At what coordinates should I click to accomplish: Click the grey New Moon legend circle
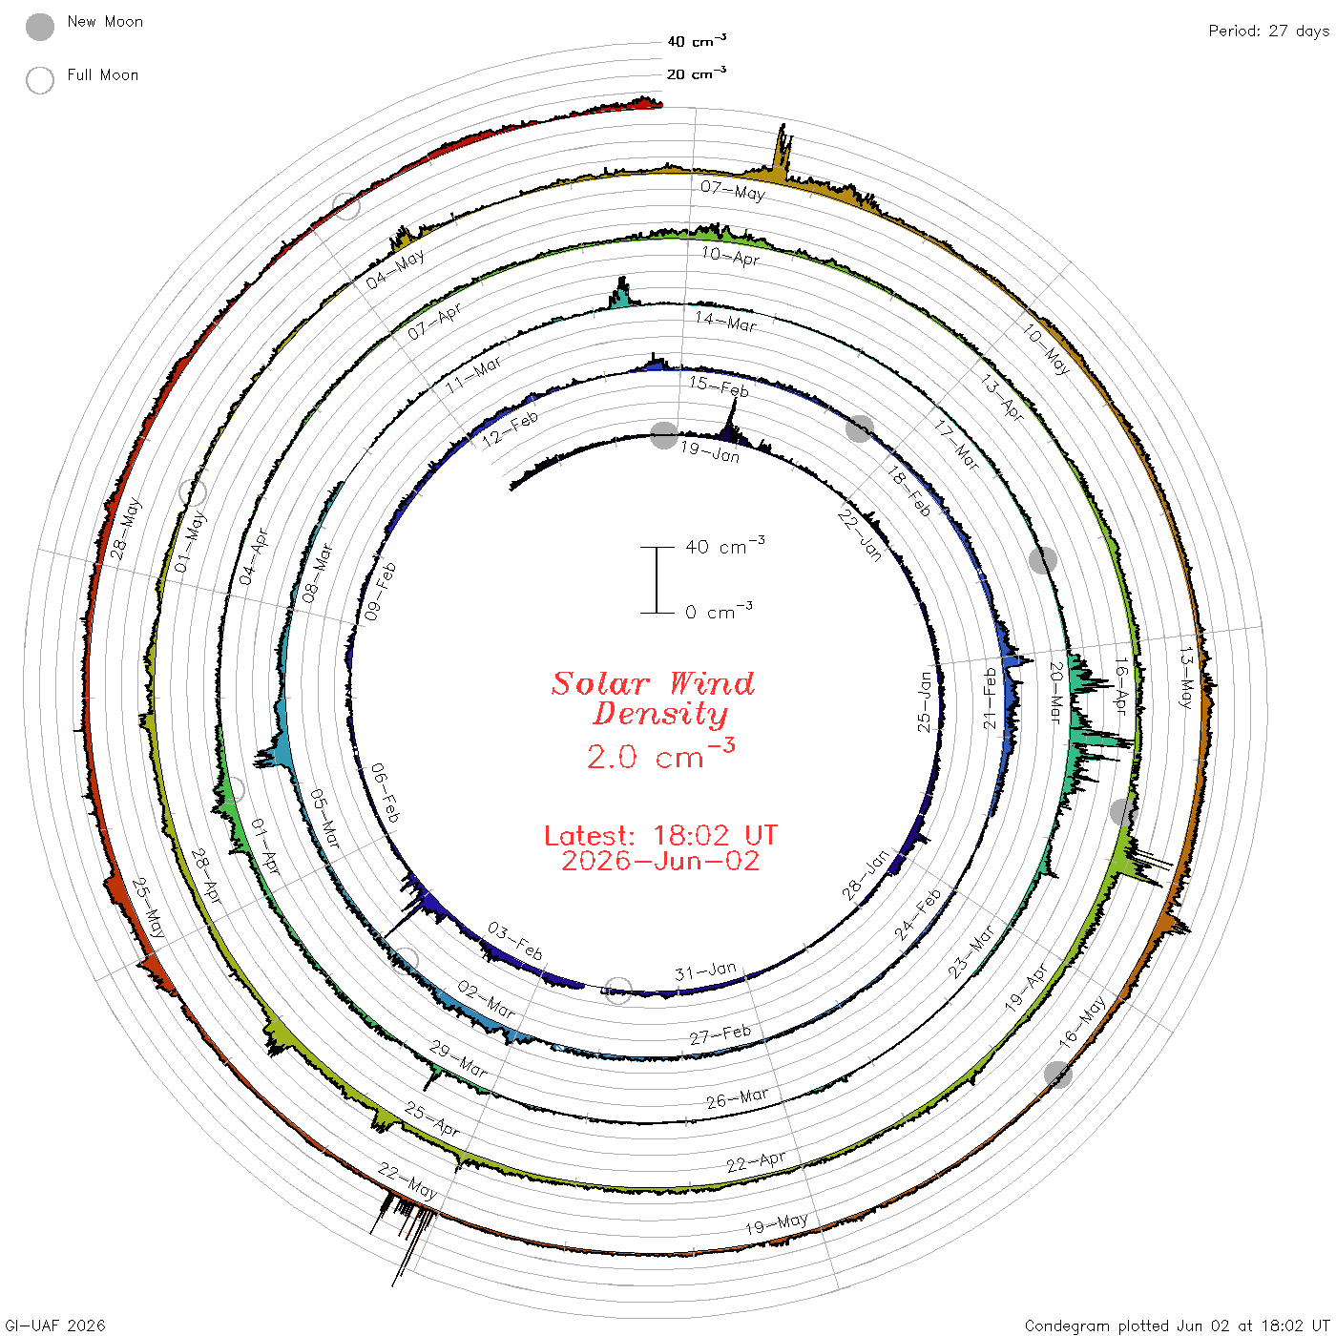tap(40, 27)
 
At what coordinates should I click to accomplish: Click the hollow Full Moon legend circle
tap(40, 80)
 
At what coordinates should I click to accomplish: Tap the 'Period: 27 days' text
tap(1268, 31)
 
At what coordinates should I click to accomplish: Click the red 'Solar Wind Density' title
tap(653, 699)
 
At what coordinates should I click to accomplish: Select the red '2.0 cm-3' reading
tap(660, 755)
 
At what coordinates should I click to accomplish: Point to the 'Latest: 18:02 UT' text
tap(660, 835)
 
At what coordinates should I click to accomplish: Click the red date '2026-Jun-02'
tap(660, 861)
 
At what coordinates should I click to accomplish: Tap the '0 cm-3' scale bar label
tap(719, 612)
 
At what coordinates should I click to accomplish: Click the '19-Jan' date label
tap(710, 451)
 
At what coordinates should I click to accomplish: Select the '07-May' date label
tap(733, 190)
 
